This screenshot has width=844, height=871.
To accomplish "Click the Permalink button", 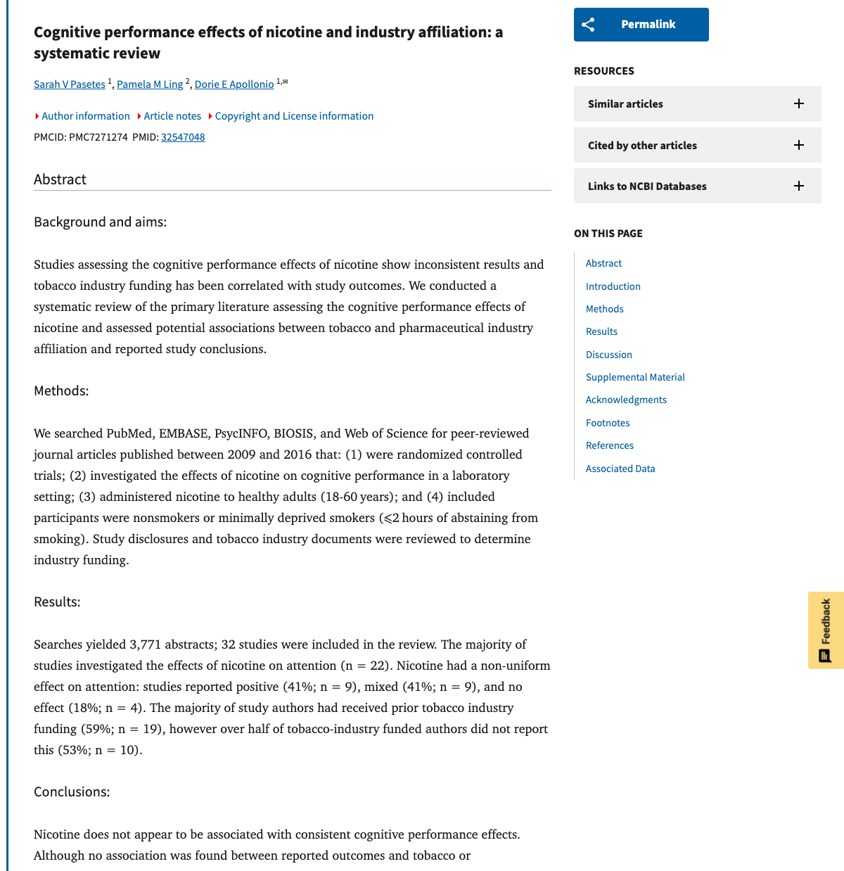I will point(641,25).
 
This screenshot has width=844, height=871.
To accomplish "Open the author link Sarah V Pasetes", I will point(70,84).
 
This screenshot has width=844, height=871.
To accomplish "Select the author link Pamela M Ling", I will point(150,84).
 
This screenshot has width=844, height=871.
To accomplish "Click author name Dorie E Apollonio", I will point(234,84).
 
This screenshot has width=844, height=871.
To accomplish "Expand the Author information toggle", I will point(85,116).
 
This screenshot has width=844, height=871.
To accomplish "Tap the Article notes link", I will point(172,116).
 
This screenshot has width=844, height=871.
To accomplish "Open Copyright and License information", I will point(294,116).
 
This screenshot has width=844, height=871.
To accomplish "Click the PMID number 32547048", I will point(183,137).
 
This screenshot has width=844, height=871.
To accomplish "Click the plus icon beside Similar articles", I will point(799,104).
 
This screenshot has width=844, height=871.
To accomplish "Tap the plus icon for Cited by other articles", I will point(799,145).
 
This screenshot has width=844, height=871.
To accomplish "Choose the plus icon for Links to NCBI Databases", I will point(799,186).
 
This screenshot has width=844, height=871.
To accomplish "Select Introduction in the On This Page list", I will point(613,286).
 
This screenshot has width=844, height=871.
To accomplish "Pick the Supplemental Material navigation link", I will point(635,377).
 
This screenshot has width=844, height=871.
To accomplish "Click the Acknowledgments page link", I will point(626,400).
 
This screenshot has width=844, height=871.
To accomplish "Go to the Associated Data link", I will point(620,469).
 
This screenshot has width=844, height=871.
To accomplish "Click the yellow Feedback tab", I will point(826,630).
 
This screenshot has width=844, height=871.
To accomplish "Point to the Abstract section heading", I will point(60,179).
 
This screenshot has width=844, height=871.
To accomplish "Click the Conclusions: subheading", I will point(72,792).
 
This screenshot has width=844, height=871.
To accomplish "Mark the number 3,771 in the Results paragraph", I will point(150,644).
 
